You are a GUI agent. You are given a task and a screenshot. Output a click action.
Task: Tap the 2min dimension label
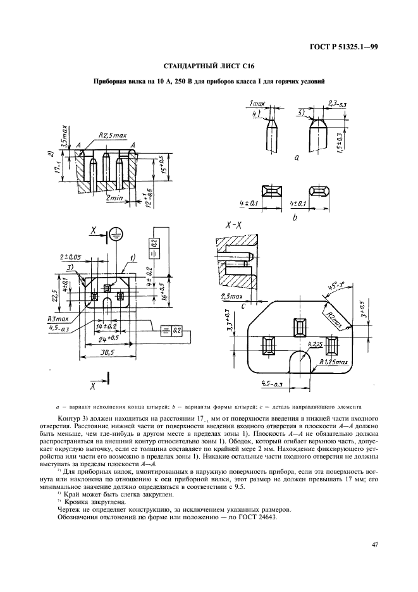point(114,199)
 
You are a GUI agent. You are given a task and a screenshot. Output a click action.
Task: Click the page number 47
point(374,541)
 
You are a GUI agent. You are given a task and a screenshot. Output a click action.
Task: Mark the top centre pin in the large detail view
point(298,328)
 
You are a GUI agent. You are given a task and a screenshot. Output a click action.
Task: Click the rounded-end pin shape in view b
point(319,190)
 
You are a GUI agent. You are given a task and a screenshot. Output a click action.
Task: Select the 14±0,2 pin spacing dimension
point(106,326)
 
